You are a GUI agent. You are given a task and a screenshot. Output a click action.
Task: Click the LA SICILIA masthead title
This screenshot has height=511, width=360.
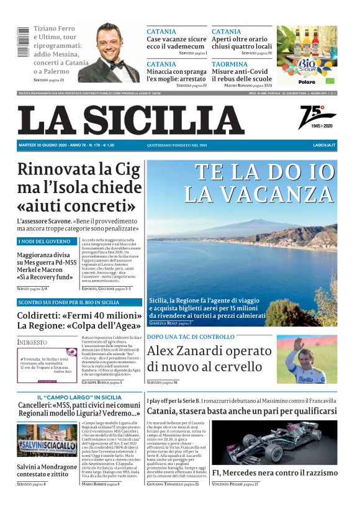(x=130, y=120)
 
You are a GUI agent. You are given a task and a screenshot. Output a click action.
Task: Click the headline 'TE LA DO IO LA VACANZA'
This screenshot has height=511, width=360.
(x=259, y=183)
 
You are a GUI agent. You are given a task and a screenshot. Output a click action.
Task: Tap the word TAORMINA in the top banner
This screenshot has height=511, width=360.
(x=229, y=64)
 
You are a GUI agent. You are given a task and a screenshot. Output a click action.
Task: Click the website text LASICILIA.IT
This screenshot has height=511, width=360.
(x=324, y=145)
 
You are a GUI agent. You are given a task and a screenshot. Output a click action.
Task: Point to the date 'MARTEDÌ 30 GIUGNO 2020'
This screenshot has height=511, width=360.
(x=50, y=145)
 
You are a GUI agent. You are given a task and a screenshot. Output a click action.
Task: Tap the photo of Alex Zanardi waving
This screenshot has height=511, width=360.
(x=307, y=360)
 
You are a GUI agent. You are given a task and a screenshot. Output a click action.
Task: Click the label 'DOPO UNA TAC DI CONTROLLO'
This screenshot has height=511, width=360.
(x=191, y=337)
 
